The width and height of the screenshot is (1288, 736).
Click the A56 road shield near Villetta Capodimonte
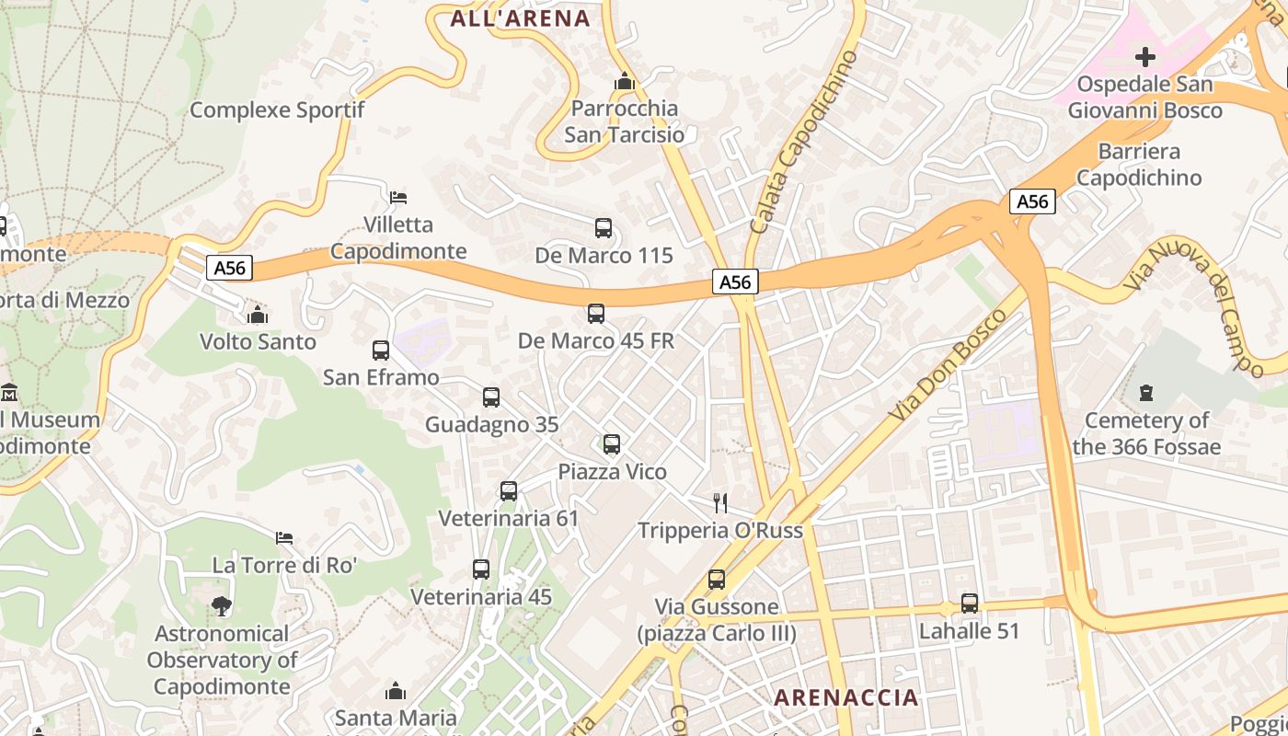click(x=229, y=268)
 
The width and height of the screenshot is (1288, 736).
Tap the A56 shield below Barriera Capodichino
click(x=1032, y=201)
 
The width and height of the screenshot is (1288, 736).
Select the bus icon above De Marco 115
click(x=604, y=228)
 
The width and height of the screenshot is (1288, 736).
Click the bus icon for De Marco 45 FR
click(x=596, y=314)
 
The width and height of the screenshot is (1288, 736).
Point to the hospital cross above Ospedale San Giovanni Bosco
click(x=1144, y=57)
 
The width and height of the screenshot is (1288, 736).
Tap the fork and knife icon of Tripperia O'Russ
click(x=720, y=502)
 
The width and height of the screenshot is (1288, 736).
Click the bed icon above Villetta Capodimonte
click(x=398, y=197)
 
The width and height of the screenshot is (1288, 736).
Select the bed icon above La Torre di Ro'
click(x=284, y=537)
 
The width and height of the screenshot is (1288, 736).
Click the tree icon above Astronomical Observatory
click(x=221, y=606)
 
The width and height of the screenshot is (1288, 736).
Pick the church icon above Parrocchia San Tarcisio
click(x=625, y=81)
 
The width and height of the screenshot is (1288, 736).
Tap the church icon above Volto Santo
click(x=258, y=315)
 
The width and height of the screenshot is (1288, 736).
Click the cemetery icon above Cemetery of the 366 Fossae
click(x=1145, y=393)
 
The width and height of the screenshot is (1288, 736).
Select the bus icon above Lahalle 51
click(x=970, y=604)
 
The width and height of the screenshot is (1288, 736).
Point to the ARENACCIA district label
click(x=845, y=697)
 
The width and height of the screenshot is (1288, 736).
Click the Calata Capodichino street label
click(x=804, y=143)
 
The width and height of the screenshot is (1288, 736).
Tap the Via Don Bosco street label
click(x=949, y=367)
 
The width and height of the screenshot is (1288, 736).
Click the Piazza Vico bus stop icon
click(x=612, y=444)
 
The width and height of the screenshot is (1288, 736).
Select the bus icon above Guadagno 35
click(x=491, y=397)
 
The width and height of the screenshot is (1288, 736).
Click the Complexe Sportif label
click(x=277, y=110)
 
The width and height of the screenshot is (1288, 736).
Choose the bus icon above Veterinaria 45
click(x=481, y=569)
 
